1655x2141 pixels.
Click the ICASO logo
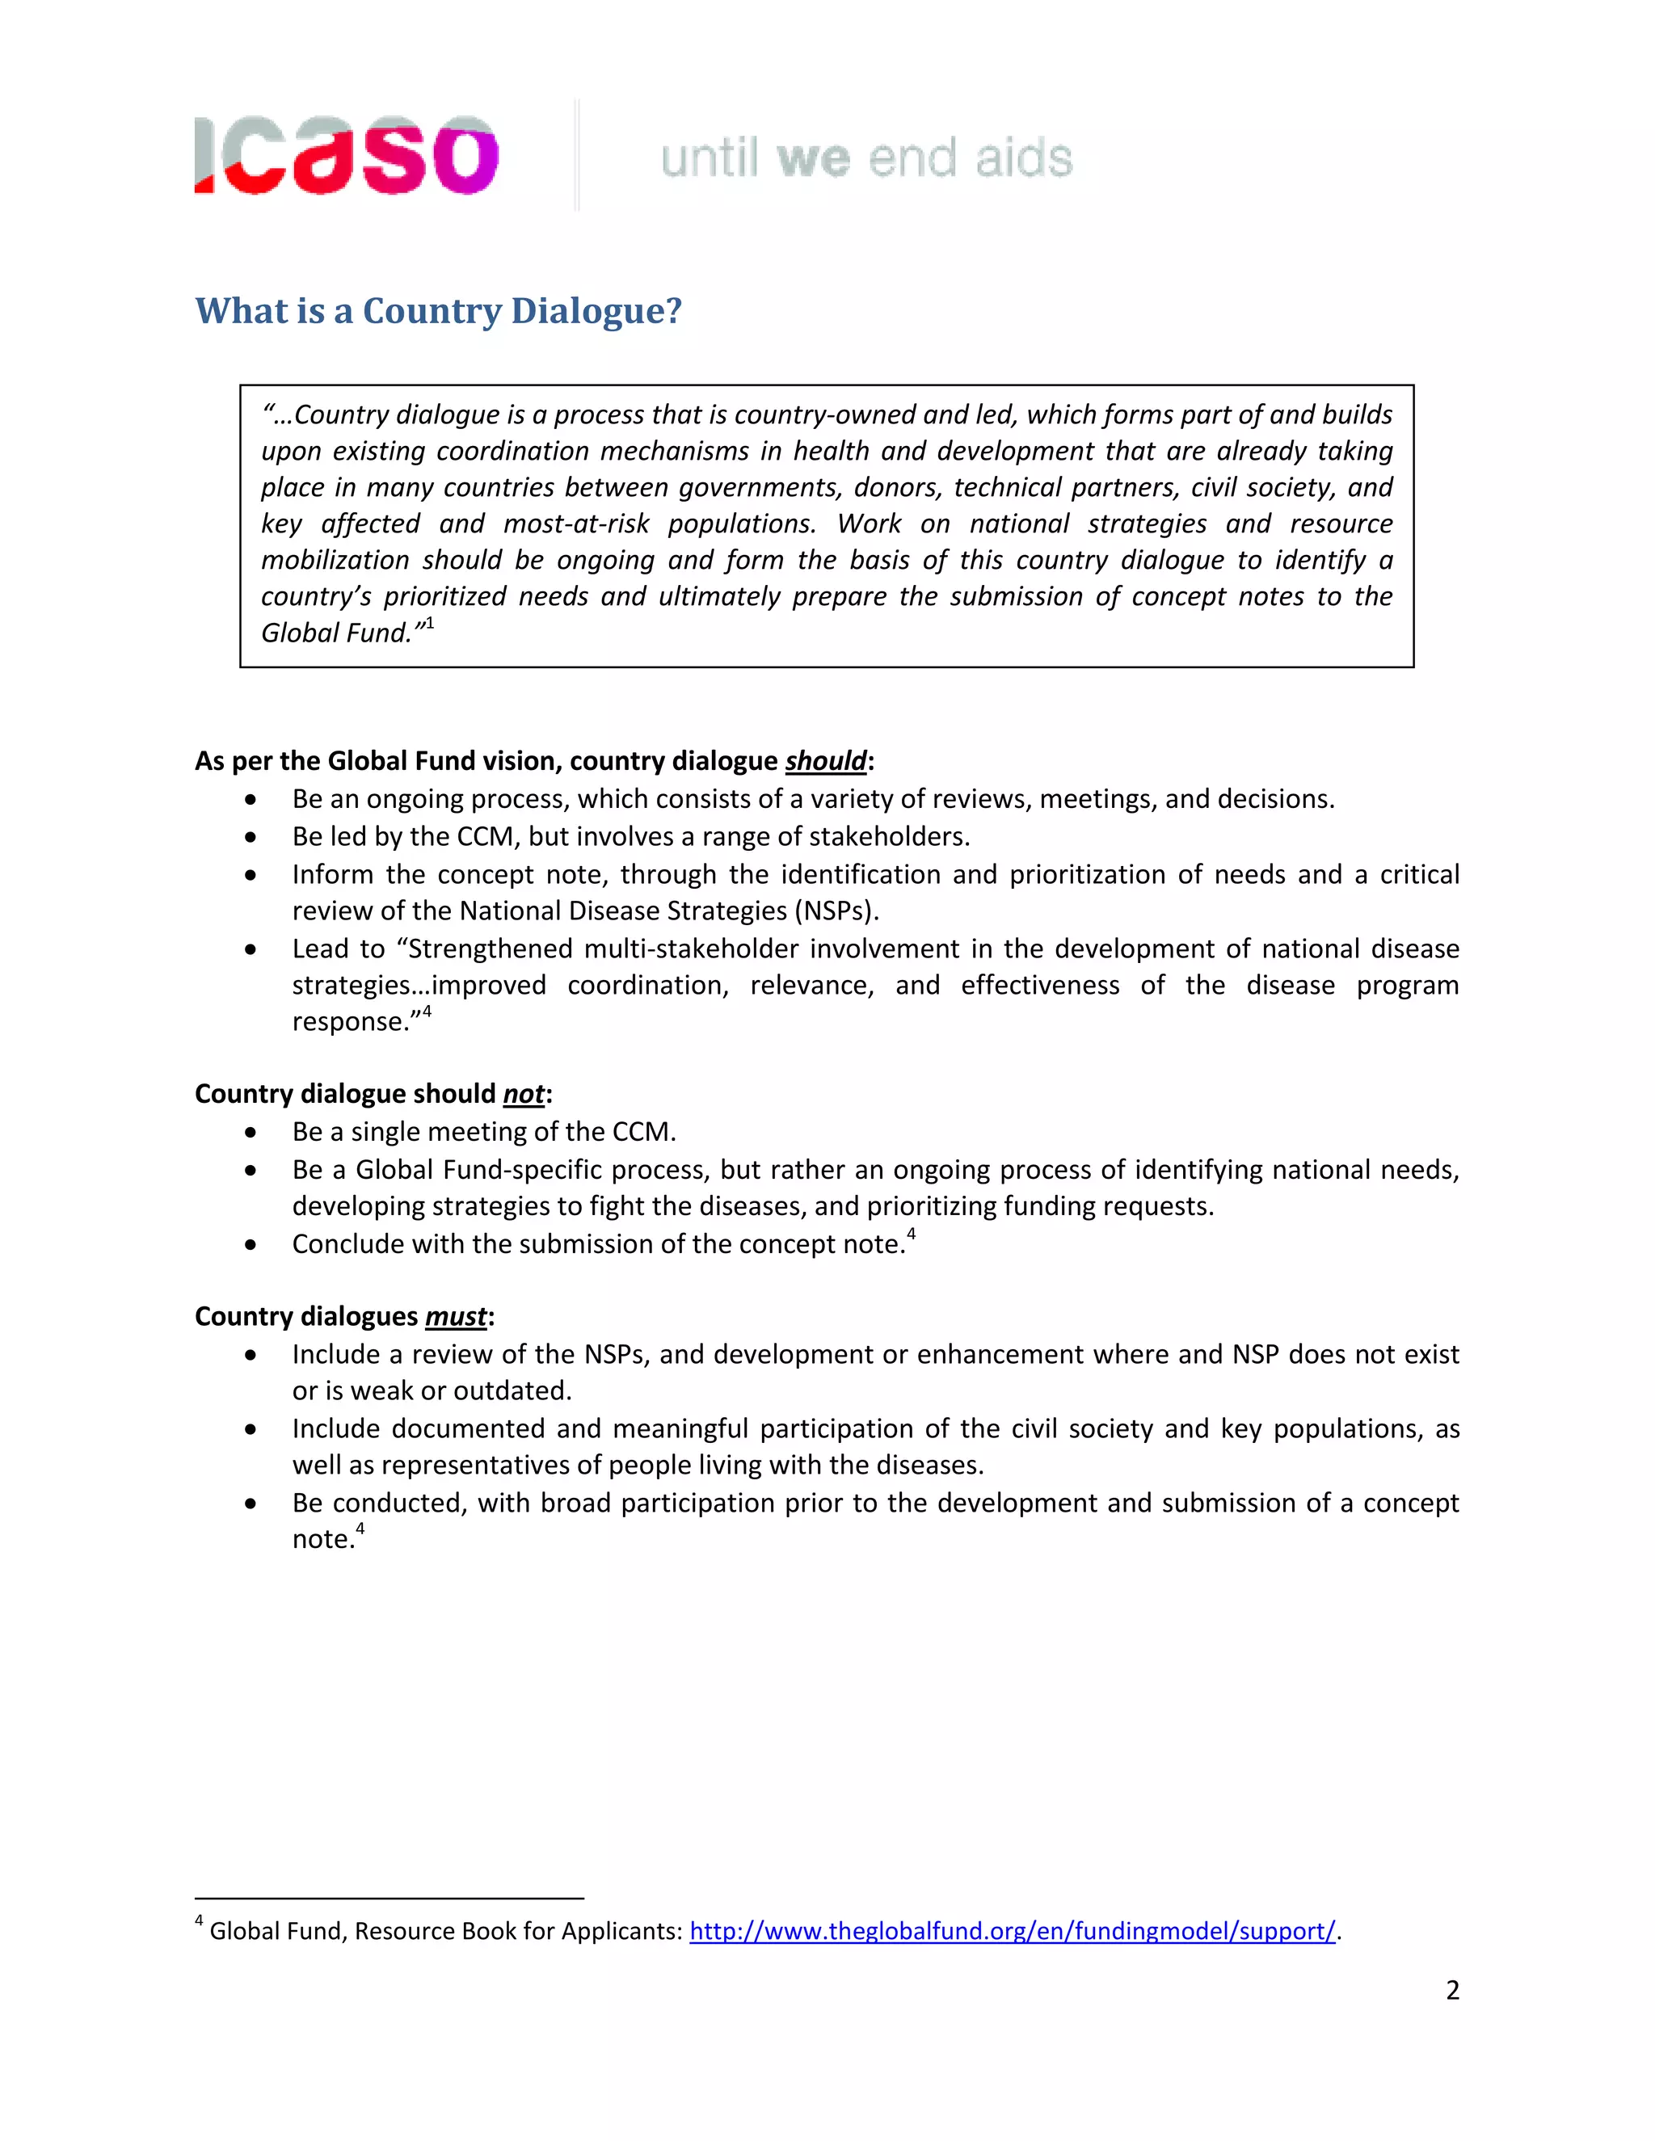pyautogui.click(x=347, y=155)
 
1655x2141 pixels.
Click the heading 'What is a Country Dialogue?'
pyautogui.click(x=438, y=311)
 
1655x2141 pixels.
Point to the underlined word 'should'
pyautogui.click(x=826, y=761)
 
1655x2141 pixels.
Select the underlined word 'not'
pyautogui.click(x=524, y=1094)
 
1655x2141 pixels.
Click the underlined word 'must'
pyautogui.click(x=456, y=1317)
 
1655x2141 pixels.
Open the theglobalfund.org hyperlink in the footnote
pyautogui.click(x=1012, y=1930)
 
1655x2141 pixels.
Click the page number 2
pyautogui.click(x=1452, y=1990)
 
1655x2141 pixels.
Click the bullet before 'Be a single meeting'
pyautogui.click(x=251, y=1132)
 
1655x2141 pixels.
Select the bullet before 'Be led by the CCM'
pyautogui.click(x=251, y=837)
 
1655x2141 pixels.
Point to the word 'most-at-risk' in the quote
pyautogui.click(x=575, y=524)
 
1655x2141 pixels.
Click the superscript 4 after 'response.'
pyautogui.click(x=427, y=1012)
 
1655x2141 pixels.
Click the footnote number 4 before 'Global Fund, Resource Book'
pyautogui.click(x=199, y=1921)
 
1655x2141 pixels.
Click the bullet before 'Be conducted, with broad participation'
pyautogui.click(x=251, y=1504)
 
